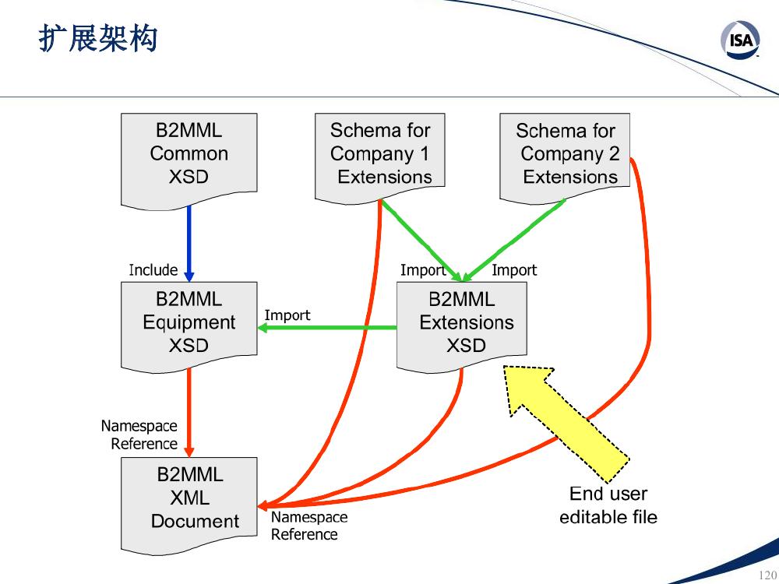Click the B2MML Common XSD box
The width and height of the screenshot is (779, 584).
(x=189, y=158)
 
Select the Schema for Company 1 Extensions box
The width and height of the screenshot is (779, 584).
(x=379, y=157)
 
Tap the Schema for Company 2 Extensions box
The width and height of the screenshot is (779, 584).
(x=564, y=157)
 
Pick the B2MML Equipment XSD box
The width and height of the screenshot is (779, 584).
(x=189, y=325)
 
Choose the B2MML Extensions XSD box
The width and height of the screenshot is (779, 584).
(x=461, y=325)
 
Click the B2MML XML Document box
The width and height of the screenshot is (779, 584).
(x=189, y=504)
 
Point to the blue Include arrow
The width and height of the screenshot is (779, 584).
(x=189, y=243)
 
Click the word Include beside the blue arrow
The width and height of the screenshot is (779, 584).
(x=153, y=269)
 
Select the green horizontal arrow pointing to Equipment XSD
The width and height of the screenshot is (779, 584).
(x=327, y=328)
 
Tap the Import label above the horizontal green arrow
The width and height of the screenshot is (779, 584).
(x=287, y=315)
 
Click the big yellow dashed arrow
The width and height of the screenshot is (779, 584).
(x=566, y=423)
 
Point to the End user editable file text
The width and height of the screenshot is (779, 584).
(x=608, y=505)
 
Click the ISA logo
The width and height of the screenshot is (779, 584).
(x=741, y=40)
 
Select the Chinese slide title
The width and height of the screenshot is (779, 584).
(x=98, y=37)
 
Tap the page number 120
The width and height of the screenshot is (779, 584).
(x=767, y=575)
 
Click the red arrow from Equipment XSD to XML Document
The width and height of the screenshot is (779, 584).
(x=189, y=412)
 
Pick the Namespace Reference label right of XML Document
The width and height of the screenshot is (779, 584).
(x=309, y=526)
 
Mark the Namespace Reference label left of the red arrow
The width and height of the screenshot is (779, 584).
(x=139, y=434)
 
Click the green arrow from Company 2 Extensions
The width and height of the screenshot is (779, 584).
(x=514, y=241)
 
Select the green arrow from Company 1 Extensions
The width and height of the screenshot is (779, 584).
(x=421, y=241)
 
